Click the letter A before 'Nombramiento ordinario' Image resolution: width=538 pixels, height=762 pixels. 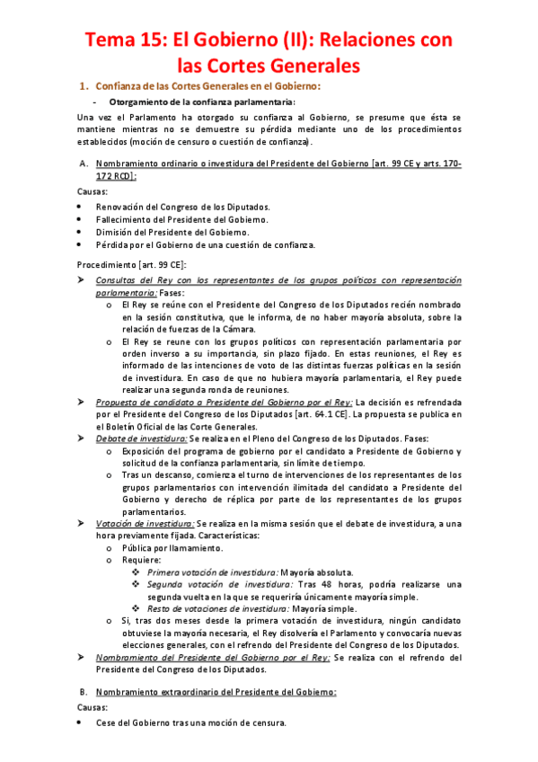pos(84,164)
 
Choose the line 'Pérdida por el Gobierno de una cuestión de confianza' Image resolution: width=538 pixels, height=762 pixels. pos(206,244)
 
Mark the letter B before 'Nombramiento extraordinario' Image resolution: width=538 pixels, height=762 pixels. pos(84,692)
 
